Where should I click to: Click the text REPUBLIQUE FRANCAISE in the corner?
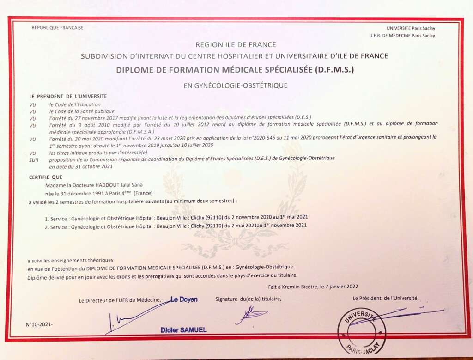click(57, 28)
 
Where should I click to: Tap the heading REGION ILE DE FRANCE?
click(236, 45)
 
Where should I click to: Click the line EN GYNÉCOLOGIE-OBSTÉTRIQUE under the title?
click(236, 85)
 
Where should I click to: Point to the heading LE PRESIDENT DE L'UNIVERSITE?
click(68, 97)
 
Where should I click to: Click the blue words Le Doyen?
click(184, 299)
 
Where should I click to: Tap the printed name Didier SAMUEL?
click(184, 330)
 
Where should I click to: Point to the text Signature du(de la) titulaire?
click(248, 299)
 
